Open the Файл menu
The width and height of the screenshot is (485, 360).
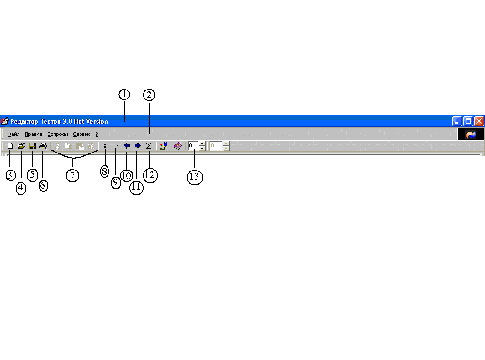[x=13, y=135]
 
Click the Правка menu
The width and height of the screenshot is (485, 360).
[x=34, y=135]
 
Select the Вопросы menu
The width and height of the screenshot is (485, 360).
[x=58, y=135]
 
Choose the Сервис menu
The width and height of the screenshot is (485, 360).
[x=81, y=135]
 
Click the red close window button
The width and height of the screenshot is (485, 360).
[x=479, y=121]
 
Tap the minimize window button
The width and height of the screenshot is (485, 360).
[x=457, y=121]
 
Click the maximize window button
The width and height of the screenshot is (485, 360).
[x=468, y=121]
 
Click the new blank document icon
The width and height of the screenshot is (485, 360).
[x=10, y=146]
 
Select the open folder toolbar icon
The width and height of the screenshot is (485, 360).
[x=21, y=146]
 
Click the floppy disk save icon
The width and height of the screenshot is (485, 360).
[x=32, y=146]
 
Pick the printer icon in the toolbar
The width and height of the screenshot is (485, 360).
[x=43, y=146]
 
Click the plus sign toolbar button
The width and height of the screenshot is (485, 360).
[x=105, y=146]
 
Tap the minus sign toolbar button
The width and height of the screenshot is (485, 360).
[x=116, y=146]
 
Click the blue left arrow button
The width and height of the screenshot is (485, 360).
[x=126, y=146]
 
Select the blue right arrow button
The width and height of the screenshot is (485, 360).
[x=137, y=146]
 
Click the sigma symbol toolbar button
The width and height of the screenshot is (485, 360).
[x=148, y=146]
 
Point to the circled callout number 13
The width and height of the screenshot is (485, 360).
[x=195, y=177]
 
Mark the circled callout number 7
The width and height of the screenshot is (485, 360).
[x=72, y=175]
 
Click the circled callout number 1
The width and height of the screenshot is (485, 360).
[x=124, y=94]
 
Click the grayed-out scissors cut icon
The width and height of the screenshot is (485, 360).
[x=58, y=146]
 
